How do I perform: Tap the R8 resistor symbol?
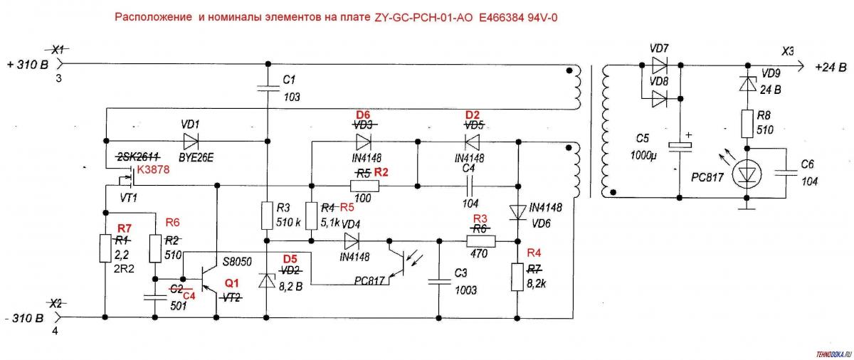(x=747, y=123)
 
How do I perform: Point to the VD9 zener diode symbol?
(x=747, y=83)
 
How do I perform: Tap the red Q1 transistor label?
(x=232, y=283)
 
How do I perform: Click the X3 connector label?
(x=787, y=51)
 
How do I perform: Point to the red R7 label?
(x=125, y=228)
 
